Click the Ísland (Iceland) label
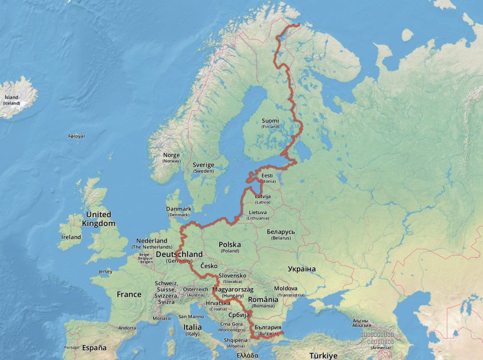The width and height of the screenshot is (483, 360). (x=11, y=100)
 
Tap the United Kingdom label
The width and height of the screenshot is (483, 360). (x=98, y=219)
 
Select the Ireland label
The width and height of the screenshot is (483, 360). (x=71, y=237)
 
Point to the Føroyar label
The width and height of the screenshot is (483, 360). (x=77, y=136)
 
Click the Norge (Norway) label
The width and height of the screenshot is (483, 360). (x=172, y=158)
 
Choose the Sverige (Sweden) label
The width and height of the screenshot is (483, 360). (x=203, y=168)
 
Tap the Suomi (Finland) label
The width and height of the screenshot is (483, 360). (x=270, y=123)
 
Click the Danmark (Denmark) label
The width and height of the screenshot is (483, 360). (x=178, y=212)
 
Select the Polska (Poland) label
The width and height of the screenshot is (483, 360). (x=230, y=247)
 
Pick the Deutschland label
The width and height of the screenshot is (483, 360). (x=179, y=254)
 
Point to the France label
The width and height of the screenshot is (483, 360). (x=129, y=294)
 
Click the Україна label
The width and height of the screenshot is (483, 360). (x=301, y=268)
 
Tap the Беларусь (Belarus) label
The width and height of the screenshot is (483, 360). (x=281, y=234)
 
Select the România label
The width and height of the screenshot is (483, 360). (x=263, y=302)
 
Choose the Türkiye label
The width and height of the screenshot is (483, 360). (x=323, y=355)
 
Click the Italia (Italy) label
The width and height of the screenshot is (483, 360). (x=193, y=329)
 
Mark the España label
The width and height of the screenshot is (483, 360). (x=94, y=348)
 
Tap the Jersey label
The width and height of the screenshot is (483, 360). (x=105, y=272)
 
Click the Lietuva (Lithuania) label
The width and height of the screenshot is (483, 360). (x=258, y=215)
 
